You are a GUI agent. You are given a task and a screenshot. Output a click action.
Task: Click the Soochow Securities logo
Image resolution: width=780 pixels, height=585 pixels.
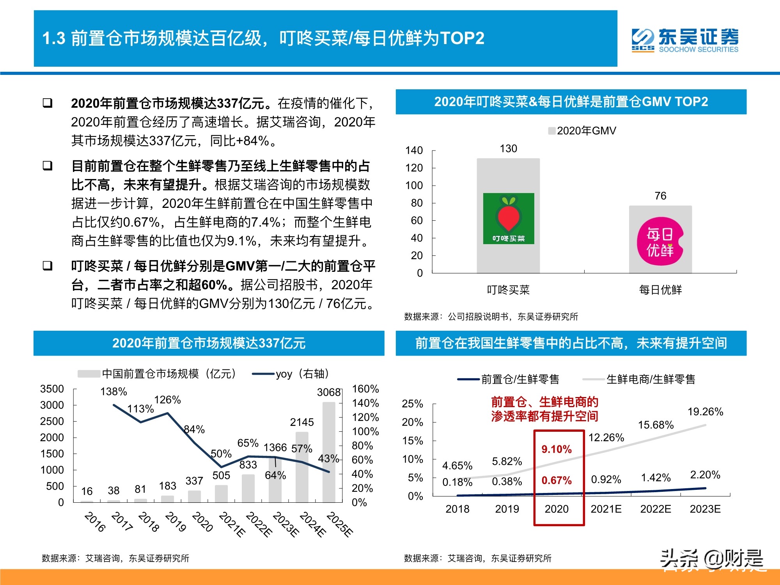pos(685,40)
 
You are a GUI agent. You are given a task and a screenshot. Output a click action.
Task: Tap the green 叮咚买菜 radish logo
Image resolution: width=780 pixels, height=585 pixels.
pos(509,218)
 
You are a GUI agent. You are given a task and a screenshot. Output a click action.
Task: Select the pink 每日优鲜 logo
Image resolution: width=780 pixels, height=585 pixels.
pos(660,241)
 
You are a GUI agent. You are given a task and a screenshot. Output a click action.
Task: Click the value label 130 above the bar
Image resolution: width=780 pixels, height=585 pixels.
pos(508,149)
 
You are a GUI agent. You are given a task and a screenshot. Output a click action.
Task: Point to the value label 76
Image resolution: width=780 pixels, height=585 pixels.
pos(660,196)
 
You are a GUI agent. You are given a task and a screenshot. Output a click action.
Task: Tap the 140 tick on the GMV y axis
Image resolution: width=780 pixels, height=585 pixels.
pos(414,151)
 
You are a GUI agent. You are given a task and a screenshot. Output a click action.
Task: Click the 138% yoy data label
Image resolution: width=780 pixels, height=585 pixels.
pos(113,392)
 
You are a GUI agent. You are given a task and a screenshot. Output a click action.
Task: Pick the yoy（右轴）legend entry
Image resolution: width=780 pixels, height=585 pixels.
pos(291,374)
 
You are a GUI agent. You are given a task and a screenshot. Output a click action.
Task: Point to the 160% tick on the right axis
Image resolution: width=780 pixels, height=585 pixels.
pos(365,389)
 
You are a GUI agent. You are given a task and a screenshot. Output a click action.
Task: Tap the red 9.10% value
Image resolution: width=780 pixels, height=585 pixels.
pos(557,449)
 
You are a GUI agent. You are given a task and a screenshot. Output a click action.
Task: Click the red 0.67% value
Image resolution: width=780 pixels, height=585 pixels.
pos(557,480)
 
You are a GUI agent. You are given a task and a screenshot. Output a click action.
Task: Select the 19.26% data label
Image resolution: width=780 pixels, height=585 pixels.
pos(705,412)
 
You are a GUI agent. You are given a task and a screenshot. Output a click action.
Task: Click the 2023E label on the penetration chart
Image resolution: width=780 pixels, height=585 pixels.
pos(705,509)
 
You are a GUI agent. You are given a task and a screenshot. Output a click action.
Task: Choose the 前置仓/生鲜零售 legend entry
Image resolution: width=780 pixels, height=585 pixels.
pos(509,379)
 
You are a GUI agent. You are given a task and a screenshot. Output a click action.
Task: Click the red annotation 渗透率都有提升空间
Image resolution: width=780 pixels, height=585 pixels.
pos(544,417)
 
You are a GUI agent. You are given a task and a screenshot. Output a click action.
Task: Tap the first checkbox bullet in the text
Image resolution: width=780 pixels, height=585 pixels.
pos(48,103)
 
